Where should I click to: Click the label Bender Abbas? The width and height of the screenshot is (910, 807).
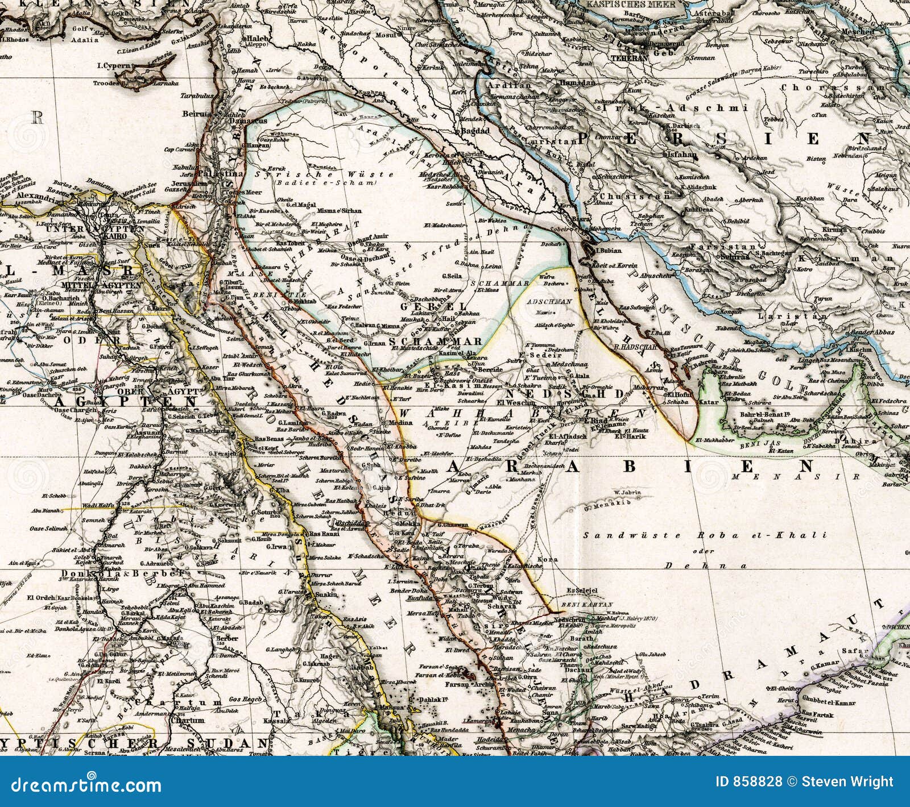pyautogui.click(x=870, y=332)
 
